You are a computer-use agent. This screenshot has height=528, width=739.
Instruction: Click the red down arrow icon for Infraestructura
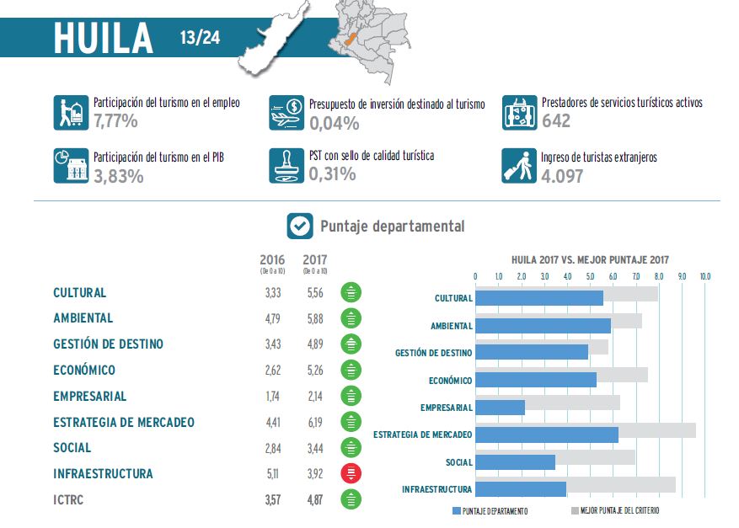pyautogui.click(x=351, y=473)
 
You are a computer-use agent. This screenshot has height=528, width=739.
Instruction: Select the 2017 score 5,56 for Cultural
pyautogui.click(x=314, y=293)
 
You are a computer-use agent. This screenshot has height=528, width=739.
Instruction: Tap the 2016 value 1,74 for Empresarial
pyautogui.click(x=271, y=396)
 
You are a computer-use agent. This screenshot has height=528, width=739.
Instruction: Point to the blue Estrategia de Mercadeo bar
pyautogui.click(x=546, y=435)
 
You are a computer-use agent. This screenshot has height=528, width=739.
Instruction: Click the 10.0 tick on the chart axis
pyautogui.click(x=705, y=276)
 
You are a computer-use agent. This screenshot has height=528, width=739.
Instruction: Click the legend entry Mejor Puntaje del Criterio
pyautogui.click(x=615, y=511)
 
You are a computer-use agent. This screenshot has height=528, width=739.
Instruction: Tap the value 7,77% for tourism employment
pyautogui.click(x=116, y=121)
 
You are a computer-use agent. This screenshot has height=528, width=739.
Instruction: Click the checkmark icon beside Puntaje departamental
pyautogui.click(x=299, y=226)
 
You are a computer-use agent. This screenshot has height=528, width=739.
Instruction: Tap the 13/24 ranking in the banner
pyautogui.click(x=200, y=38)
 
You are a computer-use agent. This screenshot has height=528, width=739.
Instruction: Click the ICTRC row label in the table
pyautogui.click(x=68, y=499)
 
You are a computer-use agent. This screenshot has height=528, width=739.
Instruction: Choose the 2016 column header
pyautogui.click(x=272, y=259)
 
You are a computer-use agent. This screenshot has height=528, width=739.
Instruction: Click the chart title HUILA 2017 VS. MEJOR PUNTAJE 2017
pyautogui.click(x=590, y=260)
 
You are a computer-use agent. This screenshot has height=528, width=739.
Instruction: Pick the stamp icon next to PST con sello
pyautogui.click(x=286, y=166)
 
